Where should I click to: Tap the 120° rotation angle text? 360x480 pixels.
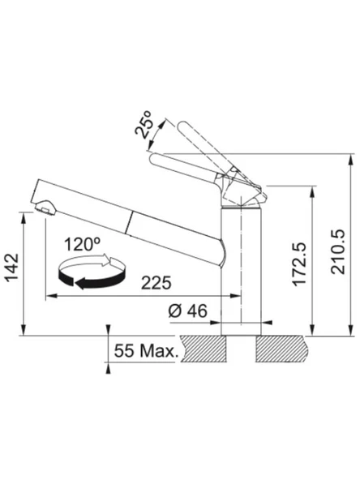84,242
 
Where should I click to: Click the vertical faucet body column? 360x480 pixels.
241,268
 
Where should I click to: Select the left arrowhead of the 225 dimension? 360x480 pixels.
50,295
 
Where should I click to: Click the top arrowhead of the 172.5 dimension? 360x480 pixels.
311,191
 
